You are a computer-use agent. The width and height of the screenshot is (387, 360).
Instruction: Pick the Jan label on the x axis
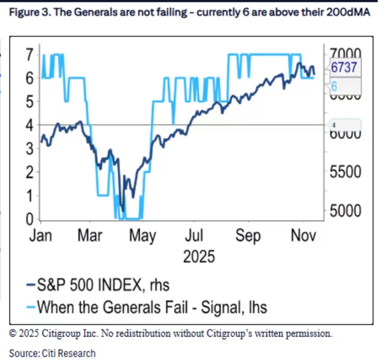[40, 235]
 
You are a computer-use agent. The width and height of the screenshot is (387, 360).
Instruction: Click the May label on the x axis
[143, 235]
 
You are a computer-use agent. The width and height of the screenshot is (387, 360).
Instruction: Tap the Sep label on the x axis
[248, 235]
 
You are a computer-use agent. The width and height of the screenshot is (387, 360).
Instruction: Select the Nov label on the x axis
[303, 235]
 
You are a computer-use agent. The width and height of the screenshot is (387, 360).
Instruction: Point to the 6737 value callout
[344, 67]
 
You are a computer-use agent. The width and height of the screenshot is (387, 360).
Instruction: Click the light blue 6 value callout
[334, 86]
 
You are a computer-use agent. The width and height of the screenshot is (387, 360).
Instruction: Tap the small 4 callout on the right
[334, 125]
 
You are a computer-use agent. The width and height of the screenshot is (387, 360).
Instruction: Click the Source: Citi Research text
[52, 353]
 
